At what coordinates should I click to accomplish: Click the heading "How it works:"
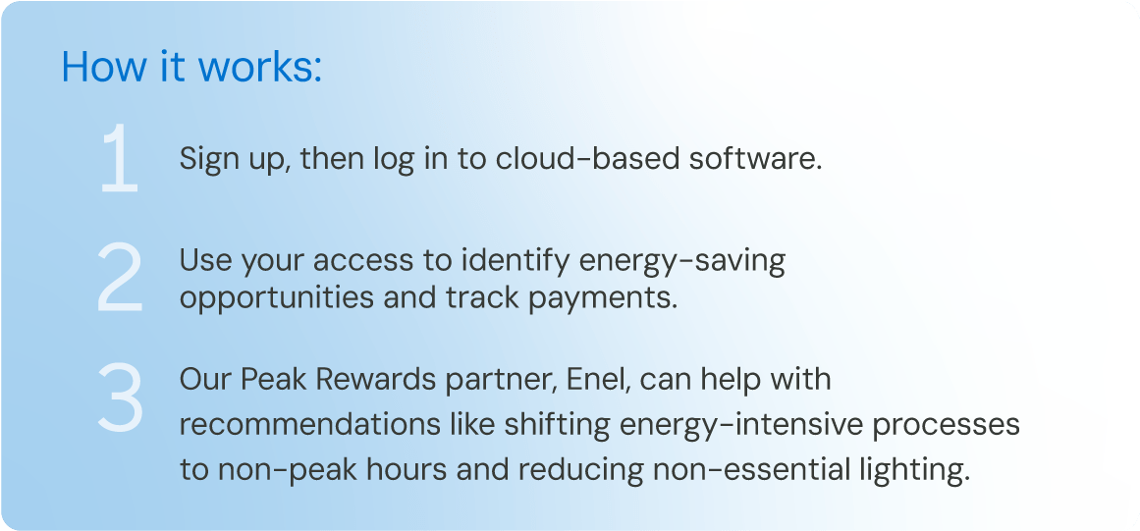191,66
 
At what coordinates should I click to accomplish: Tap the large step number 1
120,158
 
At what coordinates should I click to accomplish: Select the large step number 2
120,278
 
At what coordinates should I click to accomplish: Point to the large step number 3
120,398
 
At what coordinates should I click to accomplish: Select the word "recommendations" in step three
310,425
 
